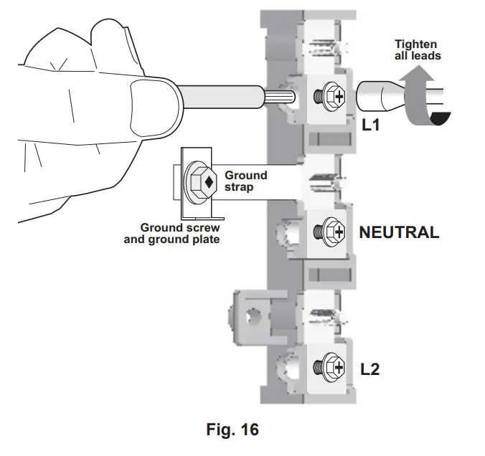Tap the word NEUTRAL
click(398, 232)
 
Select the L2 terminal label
click(370, 370)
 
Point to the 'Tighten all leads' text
click(415, 50)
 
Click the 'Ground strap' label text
click(245, 181)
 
